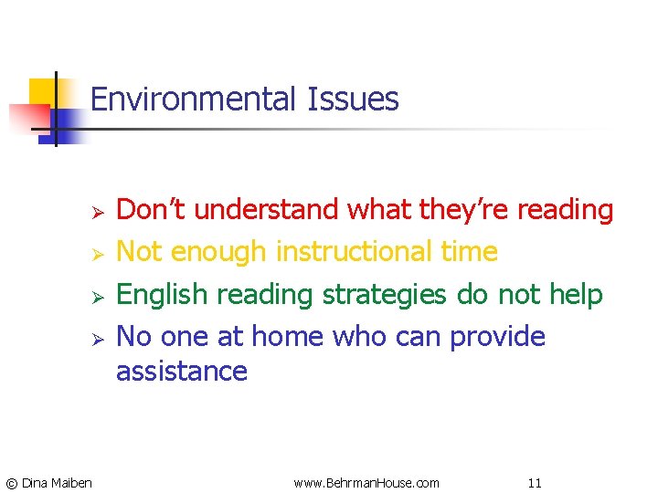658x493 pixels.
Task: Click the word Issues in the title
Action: point(353,99)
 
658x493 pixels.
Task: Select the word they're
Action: point(463,210)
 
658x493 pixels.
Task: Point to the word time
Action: point(469,251)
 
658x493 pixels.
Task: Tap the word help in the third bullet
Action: point(576,295)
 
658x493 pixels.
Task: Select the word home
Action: point(289,337)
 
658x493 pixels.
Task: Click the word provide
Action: point(496,337)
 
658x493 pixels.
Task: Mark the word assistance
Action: point(182,372)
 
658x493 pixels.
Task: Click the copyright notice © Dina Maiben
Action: point(49,482)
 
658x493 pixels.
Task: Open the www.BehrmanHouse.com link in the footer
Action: point(366,482)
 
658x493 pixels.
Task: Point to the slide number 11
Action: point(536,482)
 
